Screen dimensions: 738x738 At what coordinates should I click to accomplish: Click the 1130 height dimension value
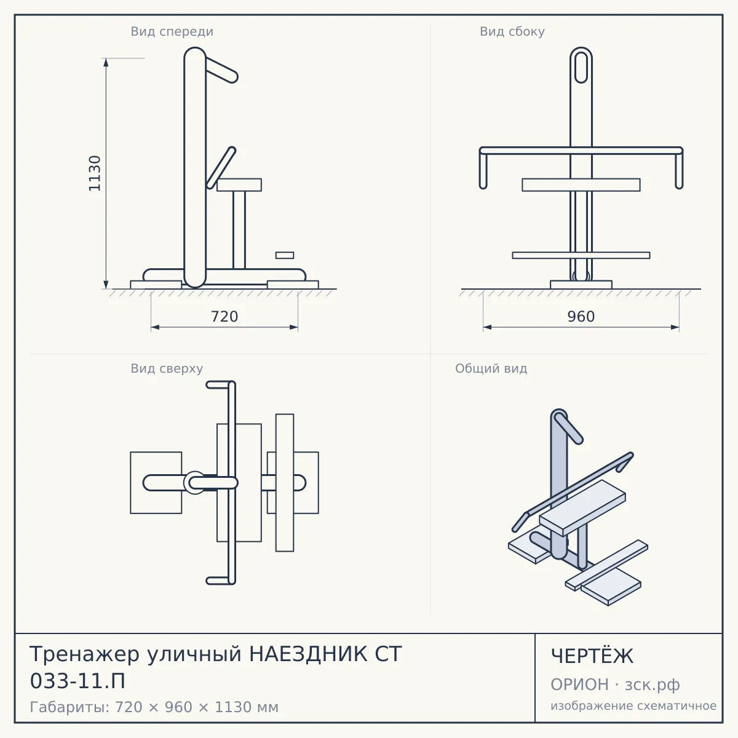point(94,173)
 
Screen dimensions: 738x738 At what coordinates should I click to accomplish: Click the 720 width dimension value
point(224,317)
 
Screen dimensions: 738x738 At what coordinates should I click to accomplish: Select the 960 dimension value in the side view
point(581,317)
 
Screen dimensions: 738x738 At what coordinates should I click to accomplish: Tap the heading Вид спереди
point(172,31)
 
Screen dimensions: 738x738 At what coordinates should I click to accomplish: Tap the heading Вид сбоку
point(512,31)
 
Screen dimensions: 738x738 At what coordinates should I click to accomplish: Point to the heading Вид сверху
point(167,368)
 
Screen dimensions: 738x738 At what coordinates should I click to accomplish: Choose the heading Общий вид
point(491,368)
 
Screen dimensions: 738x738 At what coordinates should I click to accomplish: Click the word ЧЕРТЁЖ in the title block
point(592,656)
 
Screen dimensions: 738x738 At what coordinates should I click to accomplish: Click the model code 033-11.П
point(77,681)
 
